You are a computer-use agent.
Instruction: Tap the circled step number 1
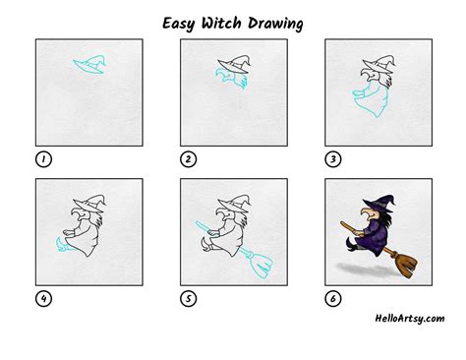(42, 158)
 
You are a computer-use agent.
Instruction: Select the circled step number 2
(187, 158)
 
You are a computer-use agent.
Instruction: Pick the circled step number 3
(332, 158)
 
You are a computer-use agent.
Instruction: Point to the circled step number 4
(42, 296)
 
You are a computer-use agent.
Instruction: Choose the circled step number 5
(187, 296)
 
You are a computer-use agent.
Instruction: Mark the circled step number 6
(332, 296)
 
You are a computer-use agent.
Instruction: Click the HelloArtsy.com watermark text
(410, 318)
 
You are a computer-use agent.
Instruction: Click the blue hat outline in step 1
(89, 64)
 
